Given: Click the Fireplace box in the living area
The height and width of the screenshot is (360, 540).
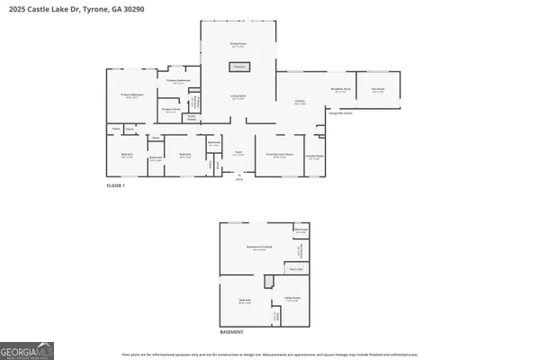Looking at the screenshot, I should pyautogui.click(x=238, y=67).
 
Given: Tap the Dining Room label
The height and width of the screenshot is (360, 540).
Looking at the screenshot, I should pyautogui.click(x=238, y=44).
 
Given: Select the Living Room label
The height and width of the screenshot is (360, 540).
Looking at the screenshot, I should pyautogui.click(x=238, y=98).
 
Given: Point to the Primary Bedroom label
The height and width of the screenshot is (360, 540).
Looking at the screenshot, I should pyautogui.click(x=132, y=94).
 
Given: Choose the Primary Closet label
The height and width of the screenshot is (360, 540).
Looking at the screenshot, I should pyautogui.click(x=170, y=110).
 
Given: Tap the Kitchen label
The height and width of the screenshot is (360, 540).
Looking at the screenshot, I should pyautogui.click(x=301, y=103).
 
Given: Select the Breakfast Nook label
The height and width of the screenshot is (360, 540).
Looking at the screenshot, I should pyautogui.click(x=339, y=90).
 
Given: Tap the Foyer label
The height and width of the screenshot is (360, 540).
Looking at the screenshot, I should pyautogui.click(x=239, y=153).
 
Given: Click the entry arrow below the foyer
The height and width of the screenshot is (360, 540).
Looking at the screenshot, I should pyautogui.click(x=239, y=174).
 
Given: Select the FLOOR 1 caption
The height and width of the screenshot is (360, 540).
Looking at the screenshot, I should pyautogui.click(x=116, y=185).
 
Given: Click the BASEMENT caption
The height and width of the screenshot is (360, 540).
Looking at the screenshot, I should pyautogui.click(x=232, y=332).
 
